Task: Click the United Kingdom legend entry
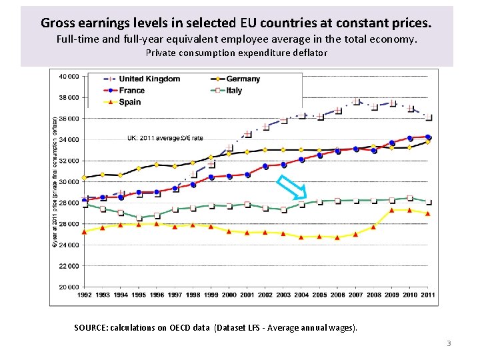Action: (x=149, y=79)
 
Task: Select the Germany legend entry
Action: (x=243, y=79)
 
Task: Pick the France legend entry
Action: (x=131, y=91)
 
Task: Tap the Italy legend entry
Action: (x=234, y=91)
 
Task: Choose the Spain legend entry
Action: (x=129, y=102)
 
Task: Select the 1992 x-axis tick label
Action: (x=85, y=295)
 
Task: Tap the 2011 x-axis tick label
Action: (x=428, y=295)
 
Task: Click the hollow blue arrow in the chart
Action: (x=291, y=188)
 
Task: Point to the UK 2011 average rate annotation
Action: (x=165, y=138)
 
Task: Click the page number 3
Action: (x=449, y=343)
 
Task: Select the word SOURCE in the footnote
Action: (x=92, y=328)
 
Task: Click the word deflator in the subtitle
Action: (x=308, y=53)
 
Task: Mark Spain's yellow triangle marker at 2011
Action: (x=428, y=213)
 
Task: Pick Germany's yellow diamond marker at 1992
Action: (x=85, y=177)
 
